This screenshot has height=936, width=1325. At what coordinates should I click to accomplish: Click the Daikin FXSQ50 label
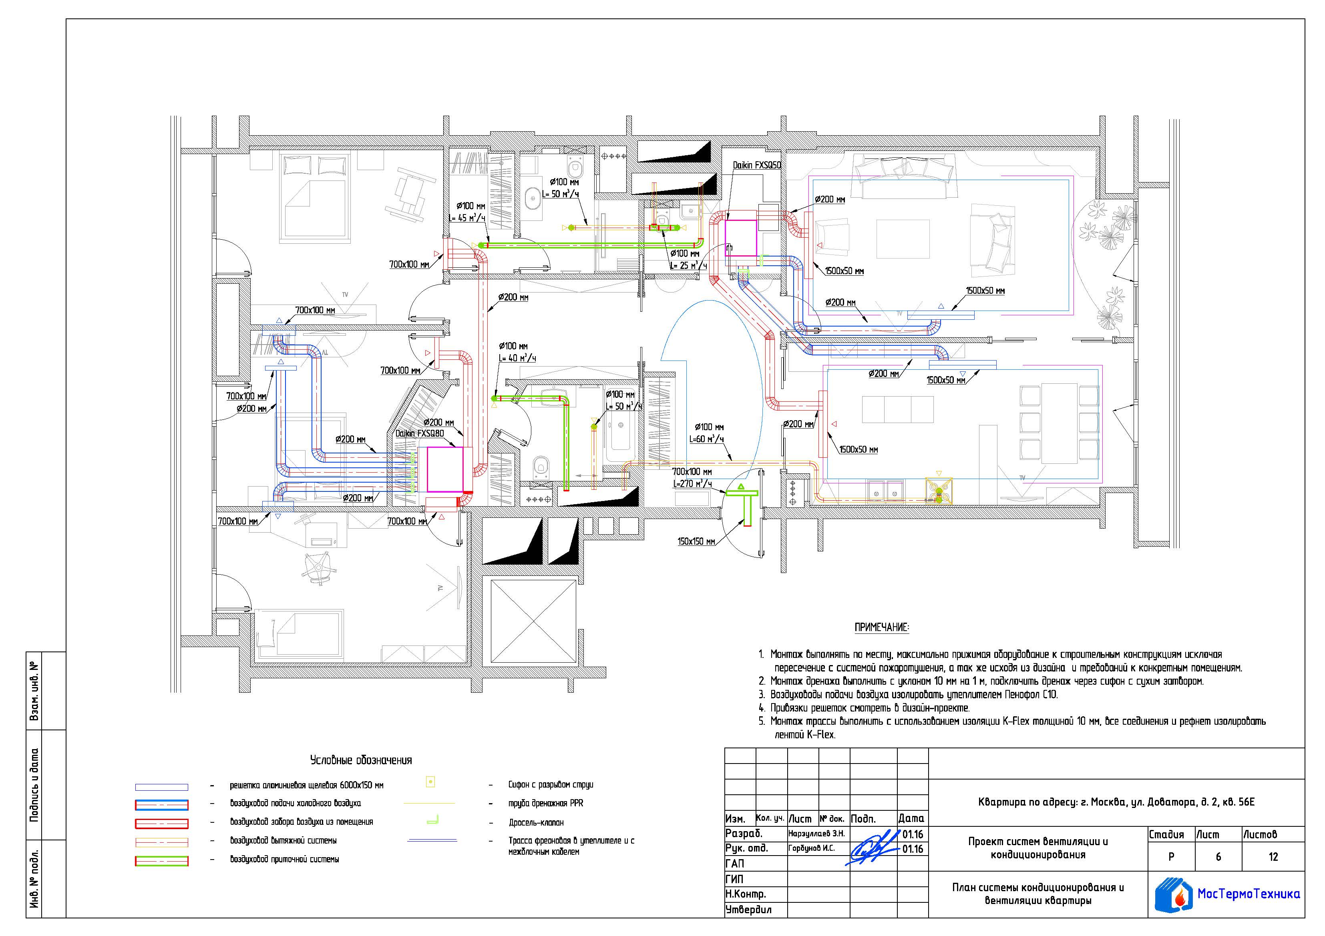pyautogui.click(x=756, y=165)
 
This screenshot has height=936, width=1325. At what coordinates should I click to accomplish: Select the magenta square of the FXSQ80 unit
pyautogui.click(x=445, y=469)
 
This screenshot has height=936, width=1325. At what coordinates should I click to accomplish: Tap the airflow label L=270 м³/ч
pyautogui.click(x=692, y=484)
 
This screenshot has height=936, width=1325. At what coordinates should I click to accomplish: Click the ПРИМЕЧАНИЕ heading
pyautogui.click(x=882, y=627)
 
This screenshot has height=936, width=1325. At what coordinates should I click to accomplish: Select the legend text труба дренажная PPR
pyautogui.click(x=546, y=804)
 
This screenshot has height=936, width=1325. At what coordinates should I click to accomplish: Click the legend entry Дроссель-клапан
pyautogui.click(x=536, y=822)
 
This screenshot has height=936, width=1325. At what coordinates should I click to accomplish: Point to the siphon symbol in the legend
pyautogui.click(x=430, y=783)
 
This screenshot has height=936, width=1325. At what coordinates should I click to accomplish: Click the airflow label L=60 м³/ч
pyautogui.click(x=706, y=439)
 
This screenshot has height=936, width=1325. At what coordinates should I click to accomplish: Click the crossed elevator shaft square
pyautogui.click(x=533, y=622)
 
